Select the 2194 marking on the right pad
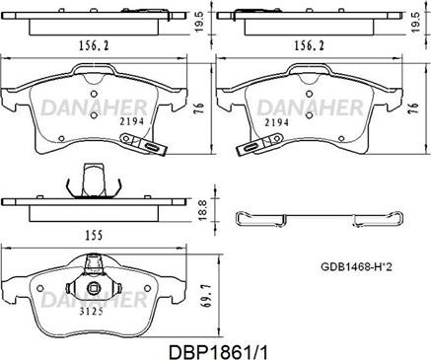click(277, 122)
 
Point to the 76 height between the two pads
click(199, 109)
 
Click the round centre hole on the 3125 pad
click(95, 290)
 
